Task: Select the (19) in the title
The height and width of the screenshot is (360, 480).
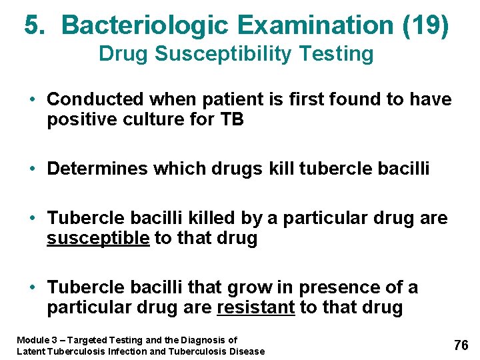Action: (426, 25)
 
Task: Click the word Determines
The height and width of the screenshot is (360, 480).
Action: (97, 169)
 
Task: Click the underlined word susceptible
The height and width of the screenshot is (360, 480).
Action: (98, 239)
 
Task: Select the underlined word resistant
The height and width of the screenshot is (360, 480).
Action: (256, 308)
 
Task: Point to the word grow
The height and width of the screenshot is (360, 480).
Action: (250, 287)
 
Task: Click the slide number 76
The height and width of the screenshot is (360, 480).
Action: (461, 345)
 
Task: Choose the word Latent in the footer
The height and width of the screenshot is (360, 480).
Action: (31, 351)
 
